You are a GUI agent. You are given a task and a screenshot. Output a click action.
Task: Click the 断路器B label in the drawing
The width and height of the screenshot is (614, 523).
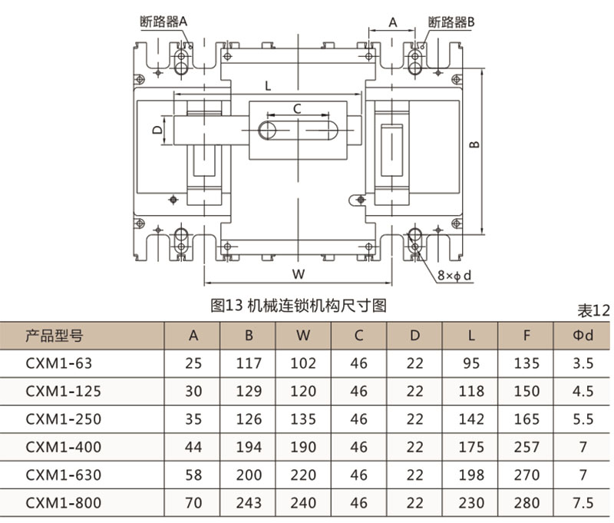click(452, 22)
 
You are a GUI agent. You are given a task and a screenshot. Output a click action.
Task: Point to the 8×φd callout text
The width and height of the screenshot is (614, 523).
click(454, 275)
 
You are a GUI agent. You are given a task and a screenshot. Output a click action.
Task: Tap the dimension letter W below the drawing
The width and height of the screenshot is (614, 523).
click(300, 274)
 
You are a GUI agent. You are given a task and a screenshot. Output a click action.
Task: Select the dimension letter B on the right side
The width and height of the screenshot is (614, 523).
click(475, 144)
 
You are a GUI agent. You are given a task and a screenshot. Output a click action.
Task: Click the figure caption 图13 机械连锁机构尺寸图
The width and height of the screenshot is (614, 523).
click(298, 306)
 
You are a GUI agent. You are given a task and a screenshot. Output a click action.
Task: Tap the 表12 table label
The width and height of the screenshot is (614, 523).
click(593, 311)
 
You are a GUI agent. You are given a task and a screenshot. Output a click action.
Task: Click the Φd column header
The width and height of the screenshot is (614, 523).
click(583, 335)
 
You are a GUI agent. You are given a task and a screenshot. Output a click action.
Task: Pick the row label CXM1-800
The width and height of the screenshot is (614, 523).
click(62, 503)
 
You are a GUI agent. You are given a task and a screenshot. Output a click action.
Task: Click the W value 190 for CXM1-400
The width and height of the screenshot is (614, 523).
click(304, 447)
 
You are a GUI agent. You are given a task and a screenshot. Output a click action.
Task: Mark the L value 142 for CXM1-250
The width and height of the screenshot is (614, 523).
click(470, 419)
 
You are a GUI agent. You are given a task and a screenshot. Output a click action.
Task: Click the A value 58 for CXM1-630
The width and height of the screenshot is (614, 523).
click(193, 475)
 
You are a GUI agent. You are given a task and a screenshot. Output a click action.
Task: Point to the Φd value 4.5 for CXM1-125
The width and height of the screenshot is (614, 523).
click(583, 391)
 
